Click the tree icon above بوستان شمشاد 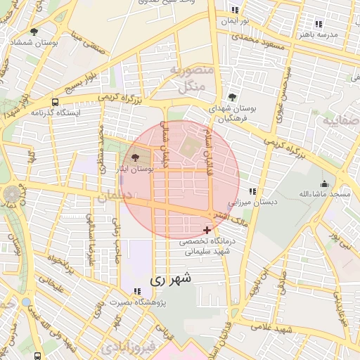point(34,31)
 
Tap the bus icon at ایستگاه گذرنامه point(55,102)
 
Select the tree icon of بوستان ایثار point(135,158)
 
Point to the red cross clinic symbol point(207,230)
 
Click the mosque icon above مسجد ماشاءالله point(324,182)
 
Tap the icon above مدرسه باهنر point(319,23)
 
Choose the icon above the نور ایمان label point(235,11)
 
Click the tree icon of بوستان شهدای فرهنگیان point(233,97)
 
